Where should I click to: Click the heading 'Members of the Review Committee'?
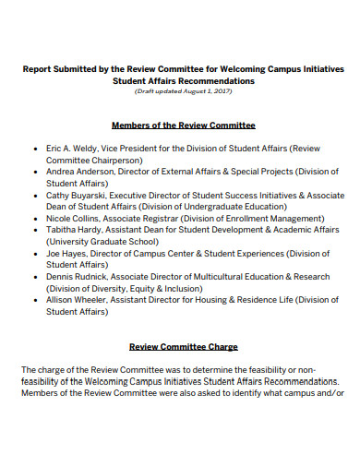tap(183, 125)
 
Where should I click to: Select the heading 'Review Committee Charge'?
tap(183, 347)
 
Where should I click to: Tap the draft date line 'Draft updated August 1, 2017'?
tap(183, 91)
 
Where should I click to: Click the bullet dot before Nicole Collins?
tap(35, 220)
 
